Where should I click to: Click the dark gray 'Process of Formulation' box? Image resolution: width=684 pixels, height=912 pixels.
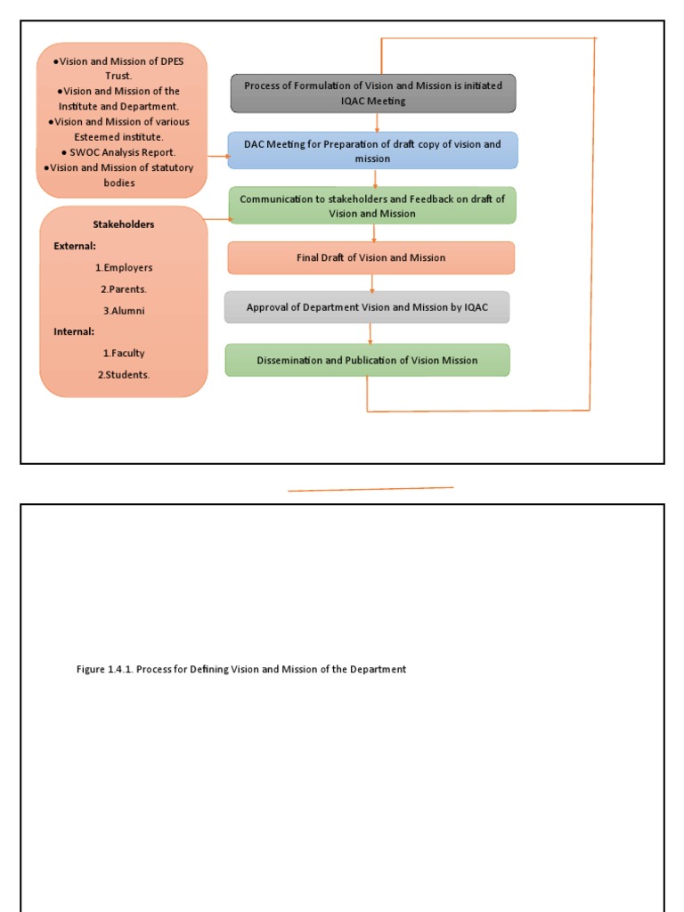coord(373,94)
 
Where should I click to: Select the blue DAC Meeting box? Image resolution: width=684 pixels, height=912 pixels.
coord(372,151)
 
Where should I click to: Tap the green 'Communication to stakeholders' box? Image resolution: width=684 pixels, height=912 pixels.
coord(372,206)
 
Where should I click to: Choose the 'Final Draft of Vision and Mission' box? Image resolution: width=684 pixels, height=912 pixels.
coord(371,258)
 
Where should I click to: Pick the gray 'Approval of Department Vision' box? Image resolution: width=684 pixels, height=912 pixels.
coord(367,307)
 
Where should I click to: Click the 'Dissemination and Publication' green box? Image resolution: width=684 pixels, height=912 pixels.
coord(367,361)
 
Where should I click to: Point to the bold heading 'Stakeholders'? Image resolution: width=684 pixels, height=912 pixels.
coord(124,224)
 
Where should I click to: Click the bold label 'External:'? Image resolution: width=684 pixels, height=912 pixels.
coord(75,246)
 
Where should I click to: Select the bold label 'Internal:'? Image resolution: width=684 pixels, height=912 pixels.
coord(74,331)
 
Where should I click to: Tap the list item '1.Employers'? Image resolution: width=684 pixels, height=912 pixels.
coord(124,267)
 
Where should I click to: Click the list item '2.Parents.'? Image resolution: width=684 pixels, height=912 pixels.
coord(124,289)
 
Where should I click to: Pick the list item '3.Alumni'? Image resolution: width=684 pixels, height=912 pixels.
coord(124,311)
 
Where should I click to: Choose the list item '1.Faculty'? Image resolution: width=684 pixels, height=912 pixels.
coord(124,354)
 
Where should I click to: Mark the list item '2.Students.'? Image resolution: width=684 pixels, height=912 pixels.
coord(124,375)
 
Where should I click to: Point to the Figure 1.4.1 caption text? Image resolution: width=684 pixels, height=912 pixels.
coord(241,669)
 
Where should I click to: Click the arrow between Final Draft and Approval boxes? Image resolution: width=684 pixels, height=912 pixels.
coord(372,283)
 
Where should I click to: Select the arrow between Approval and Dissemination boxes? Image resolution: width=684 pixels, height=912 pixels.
coord(370,333)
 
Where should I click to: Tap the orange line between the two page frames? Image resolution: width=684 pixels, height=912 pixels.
coord(370,489)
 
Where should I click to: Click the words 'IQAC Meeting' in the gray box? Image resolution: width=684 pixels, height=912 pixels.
coord(373,102)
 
